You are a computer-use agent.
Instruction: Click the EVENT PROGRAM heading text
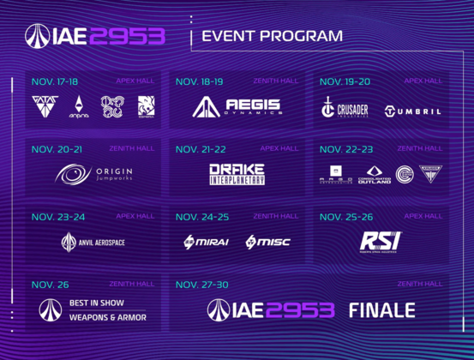pos(271,36)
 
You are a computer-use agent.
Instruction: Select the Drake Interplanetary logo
pos(237,174)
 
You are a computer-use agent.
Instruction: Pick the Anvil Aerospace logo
pos(93,243)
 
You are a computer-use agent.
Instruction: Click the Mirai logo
pos(206,243)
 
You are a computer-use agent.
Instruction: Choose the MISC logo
pos(267,243)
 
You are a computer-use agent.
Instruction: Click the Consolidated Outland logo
pos(373,174)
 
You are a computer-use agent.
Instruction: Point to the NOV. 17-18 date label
pos(54,81)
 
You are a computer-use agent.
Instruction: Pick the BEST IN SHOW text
pos(97,303)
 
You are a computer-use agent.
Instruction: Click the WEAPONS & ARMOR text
pos(106,316)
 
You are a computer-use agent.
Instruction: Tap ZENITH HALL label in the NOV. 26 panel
pos(127,283)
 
